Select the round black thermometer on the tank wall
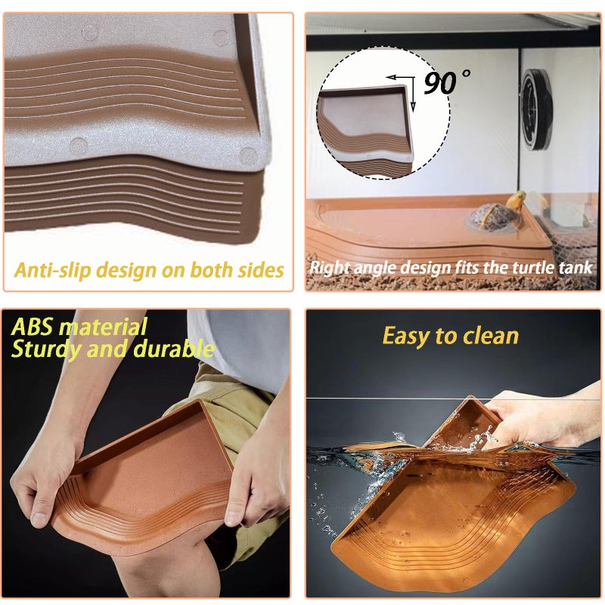(536, 110)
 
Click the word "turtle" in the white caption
(529, 268)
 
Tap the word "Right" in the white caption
(330, 268)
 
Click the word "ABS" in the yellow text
(32, 327)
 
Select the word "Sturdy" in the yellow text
(46, 350)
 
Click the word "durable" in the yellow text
(174, 349)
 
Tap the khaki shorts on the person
(228, 409)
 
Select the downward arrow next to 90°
(413, 94)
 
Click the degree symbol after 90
(466, 73)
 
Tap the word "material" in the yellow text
(104, 327)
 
